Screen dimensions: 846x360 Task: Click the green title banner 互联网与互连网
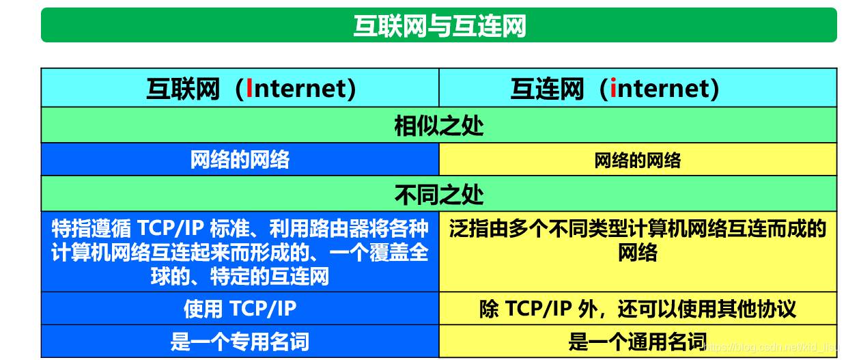439,25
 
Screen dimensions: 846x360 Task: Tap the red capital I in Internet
249,88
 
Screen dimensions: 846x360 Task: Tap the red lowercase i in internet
612,88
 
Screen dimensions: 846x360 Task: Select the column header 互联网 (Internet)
251,89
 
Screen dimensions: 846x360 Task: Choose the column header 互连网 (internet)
615,89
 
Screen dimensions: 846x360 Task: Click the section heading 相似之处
439,126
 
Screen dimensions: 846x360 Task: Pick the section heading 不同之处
439,195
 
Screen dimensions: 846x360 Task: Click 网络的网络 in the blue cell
240,159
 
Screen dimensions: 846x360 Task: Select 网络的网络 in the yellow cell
638,160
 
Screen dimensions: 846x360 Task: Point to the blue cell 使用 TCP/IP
240,309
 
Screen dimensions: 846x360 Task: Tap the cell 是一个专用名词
240,342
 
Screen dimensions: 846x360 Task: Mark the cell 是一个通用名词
638,342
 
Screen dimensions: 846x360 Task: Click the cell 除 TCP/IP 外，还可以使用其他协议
638,309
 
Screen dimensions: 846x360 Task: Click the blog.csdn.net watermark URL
770,347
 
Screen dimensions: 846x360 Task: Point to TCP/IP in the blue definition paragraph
171,228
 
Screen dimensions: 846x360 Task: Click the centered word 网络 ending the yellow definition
638,252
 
